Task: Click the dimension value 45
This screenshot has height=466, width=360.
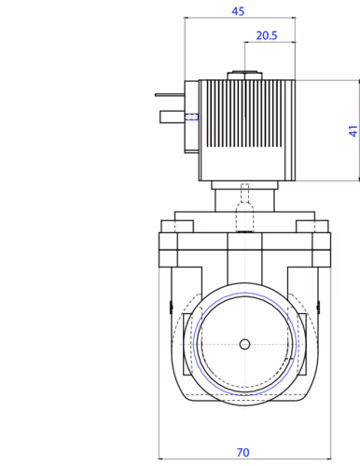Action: click(x=238, y=11)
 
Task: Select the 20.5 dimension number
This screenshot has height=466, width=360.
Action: click(x=267, y=35)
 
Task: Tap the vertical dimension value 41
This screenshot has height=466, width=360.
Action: click(x=353, y=130)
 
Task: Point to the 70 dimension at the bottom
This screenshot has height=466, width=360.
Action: click(x=242, y=452)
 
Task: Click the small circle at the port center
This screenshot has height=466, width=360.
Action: click(x=244, y=344)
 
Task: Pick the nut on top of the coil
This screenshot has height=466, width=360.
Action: click(x=244, y=75)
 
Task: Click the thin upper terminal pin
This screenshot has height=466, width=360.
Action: click(x=170, y=95)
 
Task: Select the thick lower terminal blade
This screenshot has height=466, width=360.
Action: click(x=173, y=117)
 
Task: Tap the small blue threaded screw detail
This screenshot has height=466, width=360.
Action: click(x=192, y=116)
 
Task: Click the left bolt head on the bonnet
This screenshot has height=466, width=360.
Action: click(x=177, y=226)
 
